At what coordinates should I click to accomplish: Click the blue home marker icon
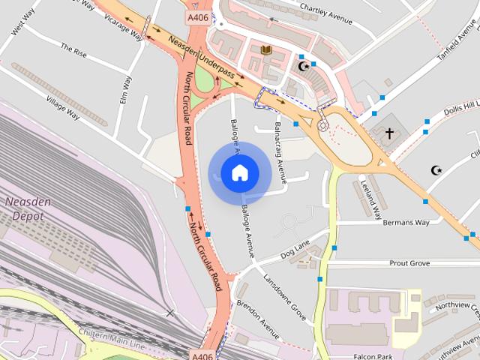coord(239,173)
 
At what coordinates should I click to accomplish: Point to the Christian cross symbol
coord(388,133)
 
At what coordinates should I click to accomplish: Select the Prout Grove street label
coord(409,263)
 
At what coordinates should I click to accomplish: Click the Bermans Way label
coord(405,223)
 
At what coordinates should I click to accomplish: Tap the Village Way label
coord(62,106)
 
